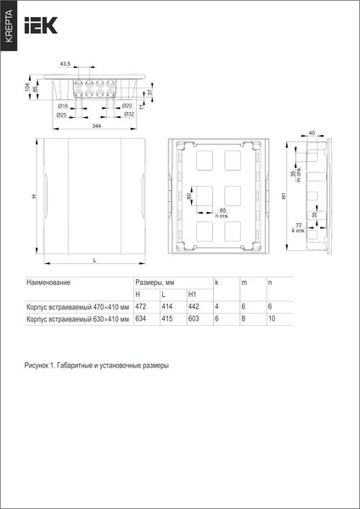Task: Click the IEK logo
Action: (x=42, y=27)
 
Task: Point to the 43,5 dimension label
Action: (x=65, y=64)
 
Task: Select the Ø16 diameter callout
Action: (x=63, y=105)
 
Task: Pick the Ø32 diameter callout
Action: (x=128, y=114)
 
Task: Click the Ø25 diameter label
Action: (x=61, y=114)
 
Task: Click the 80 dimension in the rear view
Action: (x=188, y=197)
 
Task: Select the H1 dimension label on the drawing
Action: (x=281, y=196)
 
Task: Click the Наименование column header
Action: (x=48, y=281)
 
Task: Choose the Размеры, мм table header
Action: (x=154, y=281)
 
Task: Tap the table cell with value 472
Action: (x=141, y=306)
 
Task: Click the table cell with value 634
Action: (x=141, y=319)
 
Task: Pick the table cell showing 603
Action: (x=193, y=319)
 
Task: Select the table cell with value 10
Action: (x=272, y=319)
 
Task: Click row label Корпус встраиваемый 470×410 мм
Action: (x=77, y=306)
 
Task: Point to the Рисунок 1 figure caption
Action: (x=96, y=365)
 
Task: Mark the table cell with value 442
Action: (x=193, y=306)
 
